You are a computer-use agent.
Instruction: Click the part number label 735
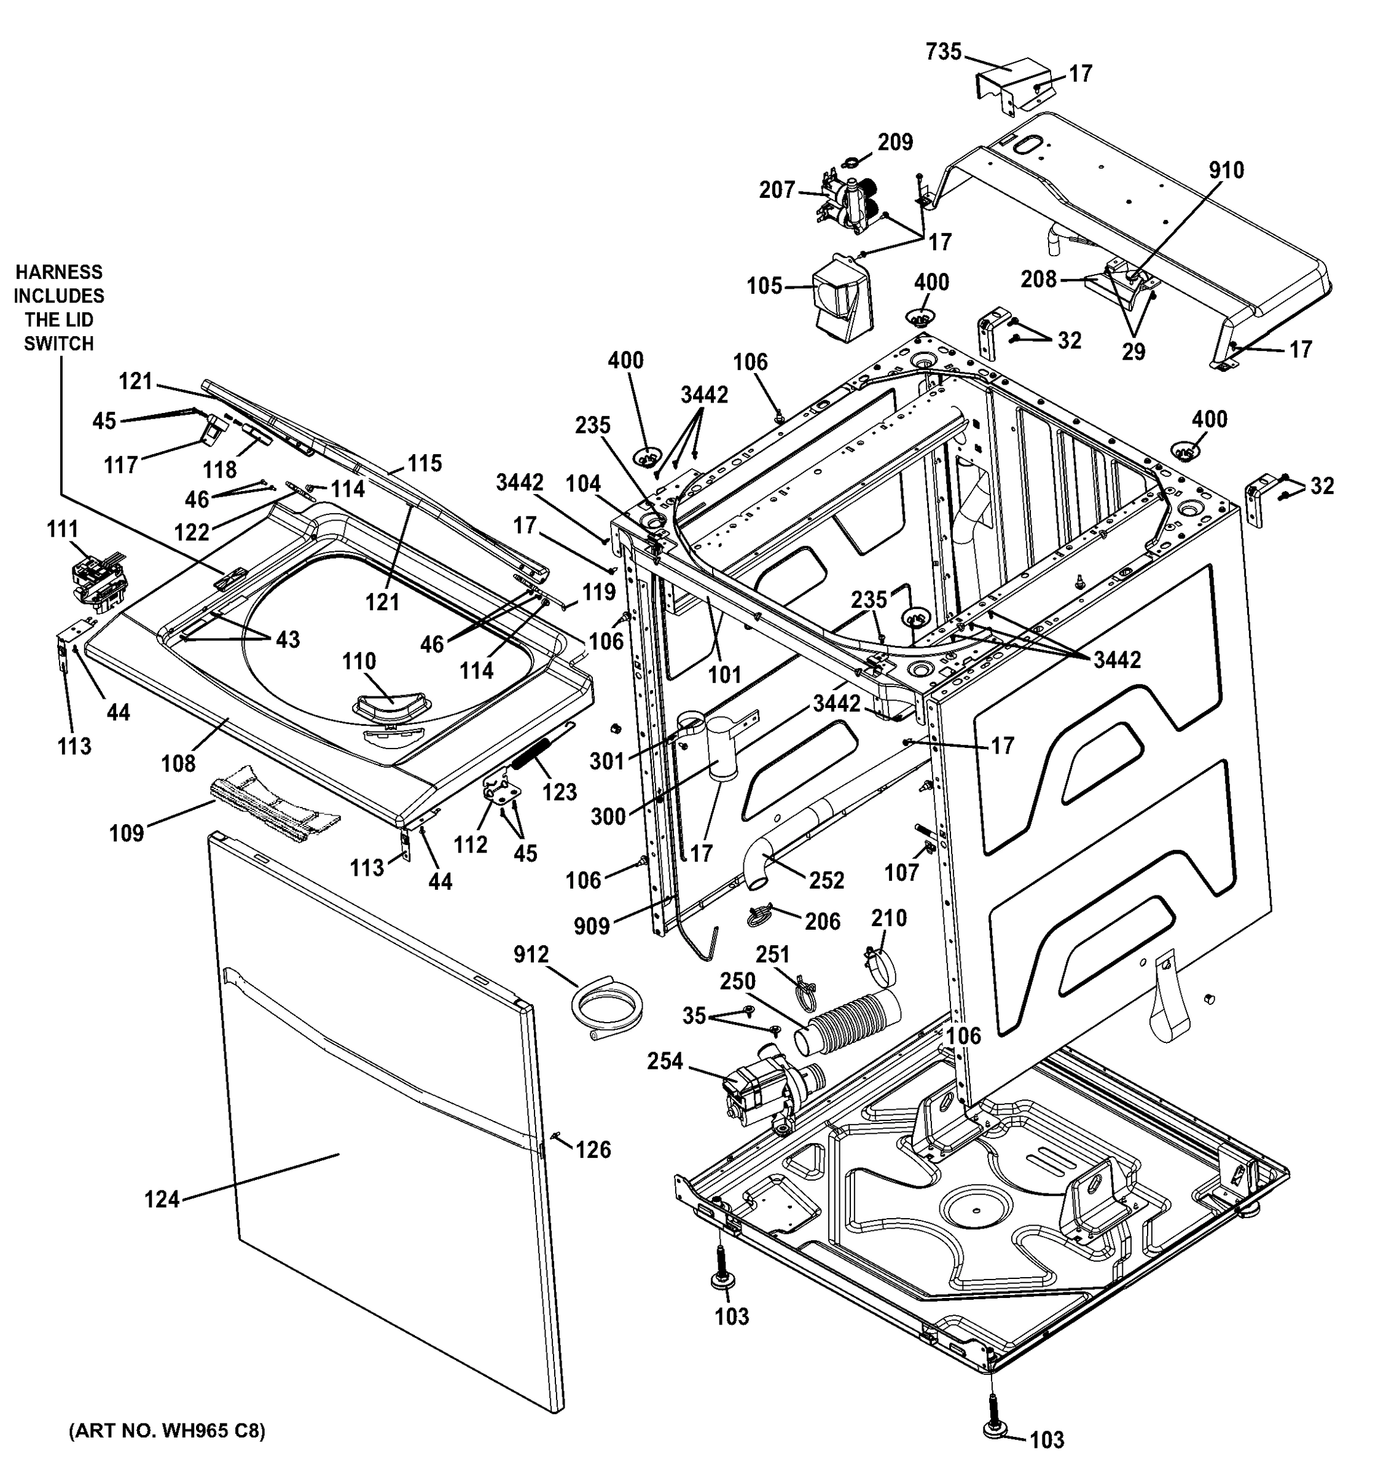(943, 52)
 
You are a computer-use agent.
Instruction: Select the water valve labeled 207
(848, 201)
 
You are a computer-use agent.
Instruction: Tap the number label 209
(895, 142)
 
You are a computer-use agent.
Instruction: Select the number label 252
(826, 880)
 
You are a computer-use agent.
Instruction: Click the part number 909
(591, 926)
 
